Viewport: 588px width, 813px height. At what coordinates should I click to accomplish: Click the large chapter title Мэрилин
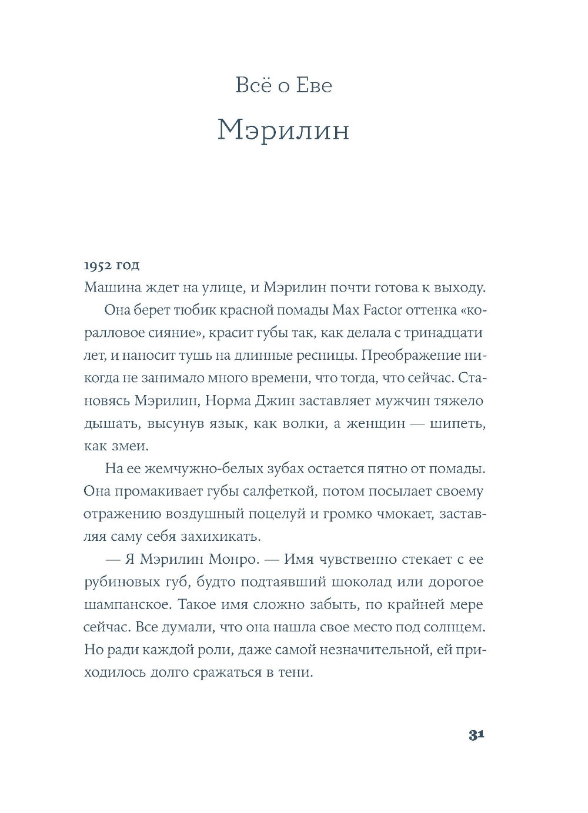(283, 131)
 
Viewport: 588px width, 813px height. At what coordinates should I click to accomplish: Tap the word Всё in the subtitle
(252, 86)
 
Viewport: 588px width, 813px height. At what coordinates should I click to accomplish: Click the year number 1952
(98, 265)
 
